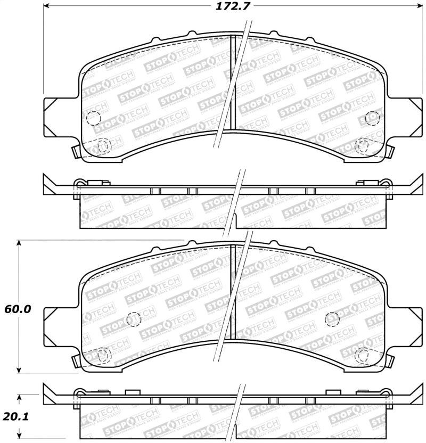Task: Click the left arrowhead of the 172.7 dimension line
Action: point(47,6)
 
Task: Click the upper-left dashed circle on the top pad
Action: point(93,117)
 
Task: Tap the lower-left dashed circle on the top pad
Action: point(104,144)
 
